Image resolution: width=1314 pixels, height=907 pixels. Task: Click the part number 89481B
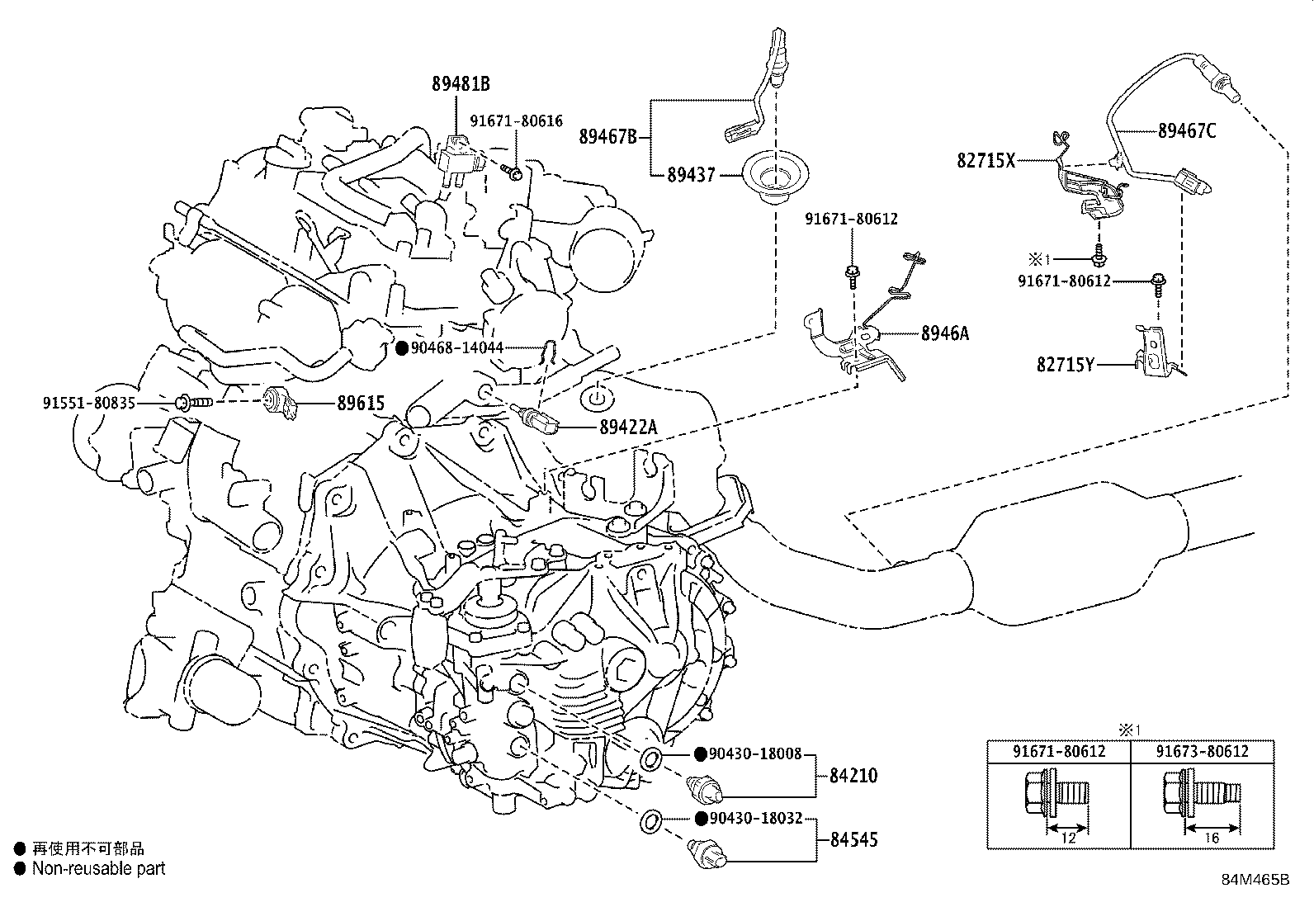[461, 83]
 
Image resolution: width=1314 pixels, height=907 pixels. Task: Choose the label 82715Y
[1065, 364]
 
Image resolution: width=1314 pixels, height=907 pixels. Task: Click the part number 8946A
[945, 333]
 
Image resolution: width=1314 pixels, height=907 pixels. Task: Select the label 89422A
[628, 427]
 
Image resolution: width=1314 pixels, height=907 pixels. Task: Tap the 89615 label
[361, 404]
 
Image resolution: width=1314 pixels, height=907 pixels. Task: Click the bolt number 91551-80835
[89, 404]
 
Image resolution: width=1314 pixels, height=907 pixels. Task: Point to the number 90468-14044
[456, 348]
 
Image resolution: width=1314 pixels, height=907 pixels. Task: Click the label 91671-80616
[516, 121]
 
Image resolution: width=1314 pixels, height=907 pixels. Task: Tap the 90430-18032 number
[755, 819]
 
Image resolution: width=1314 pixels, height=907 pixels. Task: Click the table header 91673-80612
[1201, 751]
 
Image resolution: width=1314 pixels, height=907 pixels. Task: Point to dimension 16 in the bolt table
[1212, 839]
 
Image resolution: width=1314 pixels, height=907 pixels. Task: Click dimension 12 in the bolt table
[1069, 839]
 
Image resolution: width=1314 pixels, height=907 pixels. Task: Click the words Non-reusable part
[98, 868]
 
